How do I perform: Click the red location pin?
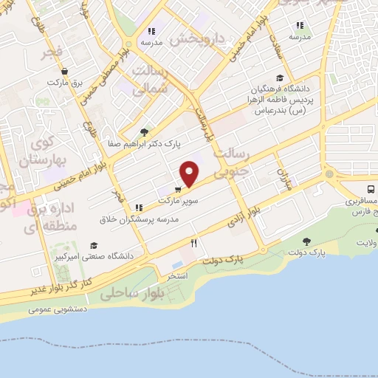[190, 173]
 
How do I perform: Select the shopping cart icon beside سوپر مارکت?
[178, 189]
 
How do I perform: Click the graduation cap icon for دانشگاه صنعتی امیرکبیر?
[94, 245]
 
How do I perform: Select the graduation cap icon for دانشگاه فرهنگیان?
[279, 78]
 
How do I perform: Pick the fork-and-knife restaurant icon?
[193, 242]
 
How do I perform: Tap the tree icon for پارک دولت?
[306, 242]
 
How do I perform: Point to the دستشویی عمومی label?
[58, 309]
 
